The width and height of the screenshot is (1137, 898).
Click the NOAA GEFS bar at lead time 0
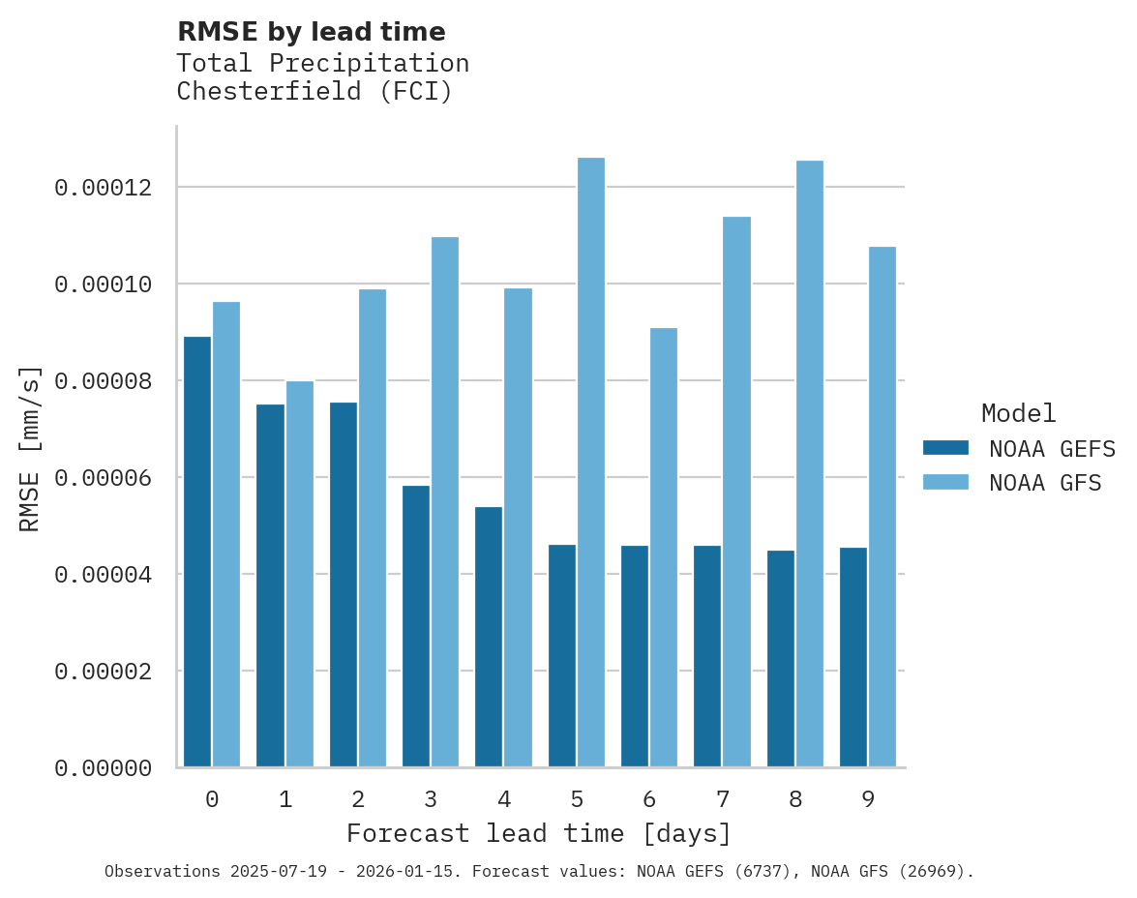coord(197,552)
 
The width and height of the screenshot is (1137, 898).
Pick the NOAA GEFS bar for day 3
coord(416,626)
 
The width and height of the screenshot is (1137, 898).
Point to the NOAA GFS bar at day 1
coord(300,574)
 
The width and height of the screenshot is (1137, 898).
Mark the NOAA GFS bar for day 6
coord(664,548)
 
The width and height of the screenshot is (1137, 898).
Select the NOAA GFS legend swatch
coord(945,482)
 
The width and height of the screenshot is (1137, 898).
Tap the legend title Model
coord(1018,413)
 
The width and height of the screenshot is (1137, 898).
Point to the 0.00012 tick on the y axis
coord(104,187)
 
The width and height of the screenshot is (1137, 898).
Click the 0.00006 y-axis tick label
coord(104,478)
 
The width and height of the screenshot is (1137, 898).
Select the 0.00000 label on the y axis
coord(104,768)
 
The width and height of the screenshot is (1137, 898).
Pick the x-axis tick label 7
coord(722,799)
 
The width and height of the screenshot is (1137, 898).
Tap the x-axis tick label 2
coord(358,799)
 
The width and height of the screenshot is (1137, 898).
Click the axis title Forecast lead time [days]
coord(539,833)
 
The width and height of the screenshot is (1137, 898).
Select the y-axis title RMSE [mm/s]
coord(30,448)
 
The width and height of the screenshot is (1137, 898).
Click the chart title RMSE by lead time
coord(312,32)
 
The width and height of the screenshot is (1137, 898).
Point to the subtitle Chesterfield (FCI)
coord(314,92)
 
